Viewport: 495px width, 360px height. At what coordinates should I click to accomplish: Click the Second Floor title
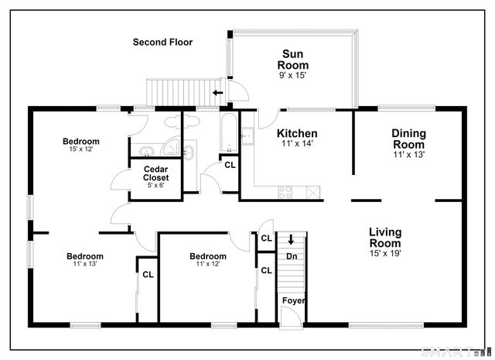click(162, 42)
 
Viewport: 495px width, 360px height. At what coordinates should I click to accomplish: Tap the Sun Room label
click(292, 60)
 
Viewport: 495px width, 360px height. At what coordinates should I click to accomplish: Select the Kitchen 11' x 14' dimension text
click(297, 143)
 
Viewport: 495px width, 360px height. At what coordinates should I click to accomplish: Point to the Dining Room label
click(409, 139)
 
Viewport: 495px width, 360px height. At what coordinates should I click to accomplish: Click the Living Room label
click(385, 238)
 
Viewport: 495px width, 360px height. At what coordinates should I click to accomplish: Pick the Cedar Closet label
click(155, 173)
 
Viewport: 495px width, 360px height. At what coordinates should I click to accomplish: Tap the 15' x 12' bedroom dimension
click(81, 149)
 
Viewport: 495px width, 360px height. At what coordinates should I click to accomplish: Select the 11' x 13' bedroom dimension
click(85, 263)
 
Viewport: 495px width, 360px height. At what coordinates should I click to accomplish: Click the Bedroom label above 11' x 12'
click(208, 256)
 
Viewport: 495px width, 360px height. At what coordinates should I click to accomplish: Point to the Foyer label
click(294, 300)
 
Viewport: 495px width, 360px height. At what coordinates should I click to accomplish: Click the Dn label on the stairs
click(292, 256)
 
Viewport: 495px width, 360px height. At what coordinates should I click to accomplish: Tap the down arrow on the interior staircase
click(291, 239)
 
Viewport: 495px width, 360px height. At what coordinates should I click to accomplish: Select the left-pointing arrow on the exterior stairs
click(218, 93)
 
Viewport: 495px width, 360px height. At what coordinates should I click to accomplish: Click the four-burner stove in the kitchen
click(285, 192)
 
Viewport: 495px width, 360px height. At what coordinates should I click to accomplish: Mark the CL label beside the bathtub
click(230, 165)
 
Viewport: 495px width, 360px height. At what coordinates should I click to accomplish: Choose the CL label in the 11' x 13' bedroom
click(148, 275)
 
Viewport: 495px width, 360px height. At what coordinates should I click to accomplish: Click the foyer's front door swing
click(293, 313)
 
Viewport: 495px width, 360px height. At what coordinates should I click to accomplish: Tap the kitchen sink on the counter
click(247, 136)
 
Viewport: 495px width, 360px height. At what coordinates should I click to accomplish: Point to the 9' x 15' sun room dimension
click(292, 75)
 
